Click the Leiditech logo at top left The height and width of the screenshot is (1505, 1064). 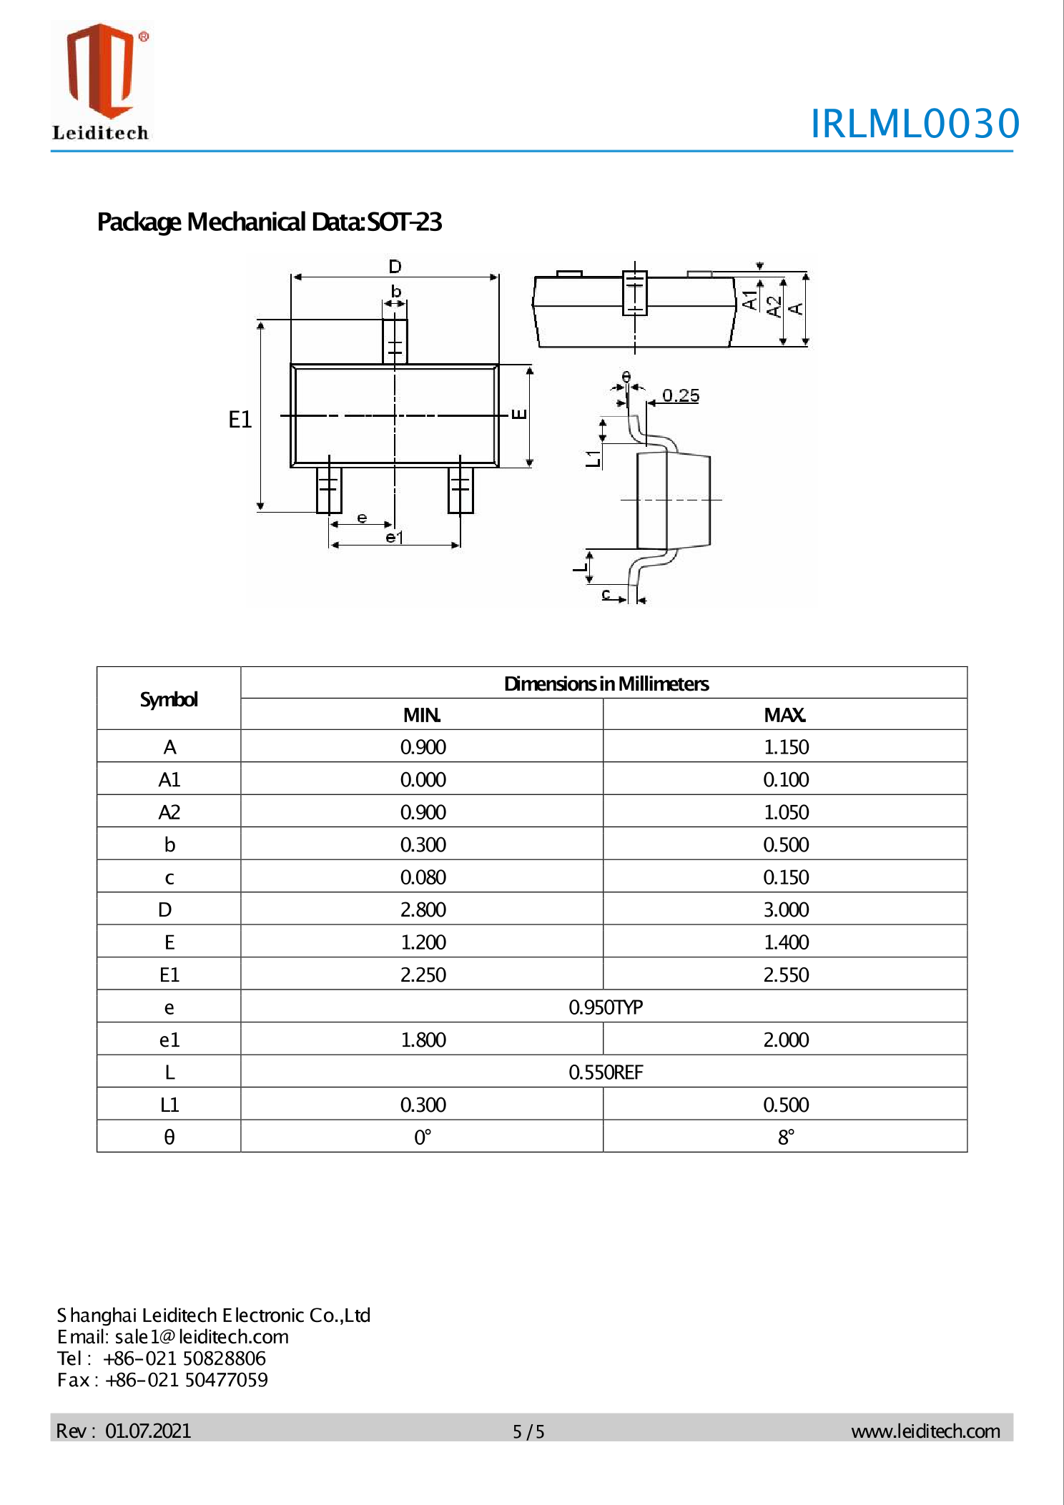[x=101, y=81]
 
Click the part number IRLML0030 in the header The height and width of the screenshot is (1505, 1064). [x=915, y=123]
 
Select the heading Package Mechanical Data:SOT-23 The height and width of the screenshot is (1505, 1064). [x=269, y=222]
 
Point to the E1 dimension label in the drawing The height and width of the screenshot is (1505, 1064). [x=240, y=420]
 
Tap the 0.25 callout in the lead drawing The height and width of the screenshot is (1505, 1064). [x=680, y=395]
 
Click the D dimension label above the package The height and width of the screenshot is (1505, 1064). [x=395, y=267]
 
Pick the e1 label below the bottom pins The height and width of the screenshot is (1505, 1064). [x=395, y=537]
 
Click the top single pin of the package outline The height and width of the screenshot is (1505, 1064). [x=395, y=342]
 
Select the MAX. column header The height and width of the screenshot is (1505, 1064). [x=784, y=714]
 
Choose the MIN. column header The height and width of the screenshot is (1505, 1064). [x=422, y=714]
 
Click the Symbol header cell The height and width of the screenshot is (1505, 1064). [x=169, y=699]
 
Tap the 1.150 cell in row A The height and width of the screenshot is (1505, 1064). [x=786, y=746]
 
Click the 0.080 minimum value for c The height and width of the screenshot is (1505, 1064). [x=423, y=877]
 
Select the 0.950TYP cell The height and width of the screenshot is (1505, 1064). [x=605, y=1007]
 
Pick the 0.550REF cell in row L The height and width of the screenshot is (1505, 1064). [x=605, y=1072]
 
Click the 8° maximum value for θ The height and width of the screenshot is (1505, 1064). [x=786, y=1137]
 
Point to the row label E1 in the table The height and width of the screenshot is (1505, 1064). [x=169, y=974]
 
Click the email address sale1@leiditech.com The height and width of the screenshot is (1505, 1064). [x=202, y=1336]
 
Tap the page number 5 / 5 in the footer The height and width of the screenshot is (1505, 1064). [x=528, y=1431]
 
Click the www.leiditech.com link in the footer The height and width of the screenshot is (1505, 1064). [x=925, y=1431]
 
